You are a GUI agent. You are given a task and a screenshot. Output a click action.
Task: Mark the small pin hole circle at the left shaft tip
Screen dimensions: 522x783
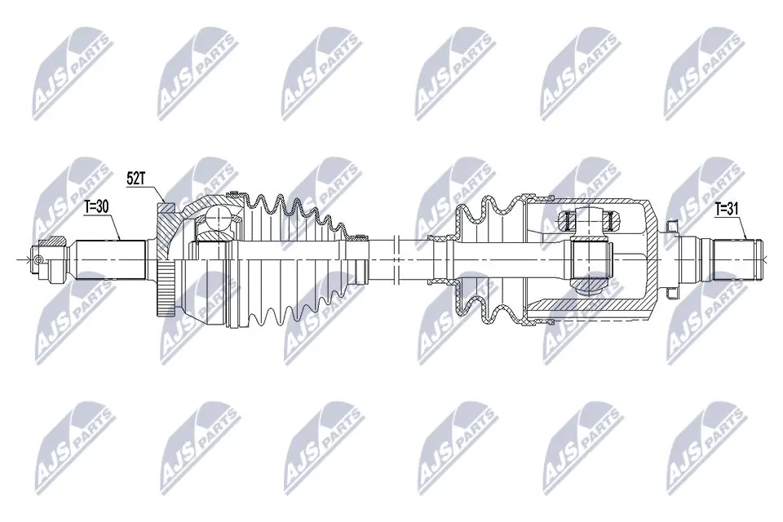(38, 259)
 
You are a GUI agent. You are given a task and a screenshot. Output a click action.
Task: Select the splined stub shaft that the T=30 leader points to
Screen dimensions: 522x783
(110, 258)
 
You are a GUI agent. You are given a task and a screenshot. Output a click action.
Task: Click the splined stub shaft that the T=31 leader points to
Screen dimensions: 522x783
(734, 259)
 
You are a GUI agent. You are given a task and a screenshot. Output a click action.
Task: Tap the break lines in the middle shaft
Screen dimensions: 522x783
(395, 258)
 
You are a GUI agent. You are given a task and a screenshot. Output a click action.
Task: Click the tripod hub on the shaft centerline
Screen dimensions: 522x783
(589, 258)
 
